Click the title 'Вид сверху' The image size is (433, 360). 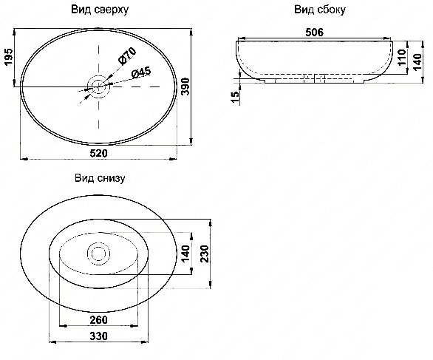coord(100,10)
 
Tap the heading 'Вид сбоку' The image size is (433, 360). coord(320,10)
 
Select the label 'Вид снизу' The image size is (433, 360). coord(100,178)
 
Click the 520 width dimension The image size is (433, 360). coord(98,153)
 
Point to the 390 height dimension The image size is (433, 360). coord(185,86)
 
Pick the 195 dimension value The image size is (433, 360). coord(9,57)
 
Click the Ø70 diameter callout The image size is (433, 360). coord(127,55)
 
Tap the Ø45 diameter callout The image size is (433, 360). coord(141,72)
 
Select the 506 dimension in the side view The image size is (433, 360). coord(314,33)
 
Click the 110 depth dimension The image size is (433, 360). coord(403,57)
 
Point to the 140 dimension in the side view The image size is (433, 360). coord(417,62)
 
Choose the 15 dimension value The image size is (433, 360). coord(235,97)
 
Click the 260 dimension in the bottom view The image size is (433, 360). coord(98,320)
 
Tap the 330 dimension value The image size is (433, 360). coord(98,336)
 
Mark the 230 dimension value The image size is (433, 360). coord(205,254)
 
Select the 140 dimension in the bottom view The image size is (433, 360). coord(185,254)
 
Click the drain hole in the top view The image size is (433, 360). coord(98,86)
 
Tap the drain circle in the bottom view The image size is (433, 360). coord(98,254)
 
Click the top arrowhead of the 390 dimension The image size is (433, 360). coord(191,32)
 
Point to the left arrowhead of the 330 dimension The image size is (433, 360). coord(52,342)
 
